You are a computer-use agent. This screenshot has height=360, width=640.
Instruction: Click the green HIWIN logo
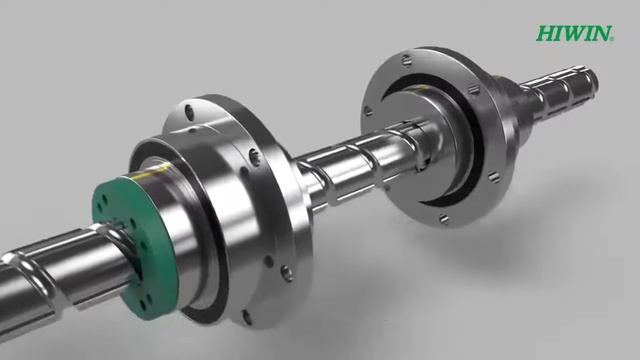pyautogui.click(x=575, y=33)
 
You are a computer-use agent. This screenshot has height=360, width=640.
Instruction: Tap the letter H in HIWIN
pyautogui.click(x=546, y=33)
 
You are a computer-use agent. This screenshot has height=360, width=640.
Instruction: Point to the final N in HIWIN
pyautogui.click(x=601, y=33)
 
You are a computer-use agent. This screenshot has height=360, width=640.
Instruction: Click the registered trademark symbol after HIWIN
pyautogui.click(x=612, y=39)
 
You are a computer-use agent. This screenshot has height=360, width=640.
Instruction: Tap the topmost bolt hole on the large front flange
pyautogui.click(x=189, y=111)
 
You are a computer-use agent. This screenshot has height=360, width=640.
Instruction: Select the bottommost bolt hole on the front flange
pyautogui.click(x=247, y=316)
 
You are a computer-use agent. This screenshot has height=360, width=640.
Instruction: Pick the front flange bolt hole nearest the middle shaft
pyautogui.click(x=254, y=156)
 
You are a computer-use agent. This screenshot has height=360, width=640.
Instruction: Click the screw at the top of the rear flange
pyautogui.click(x=405, y=60)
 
